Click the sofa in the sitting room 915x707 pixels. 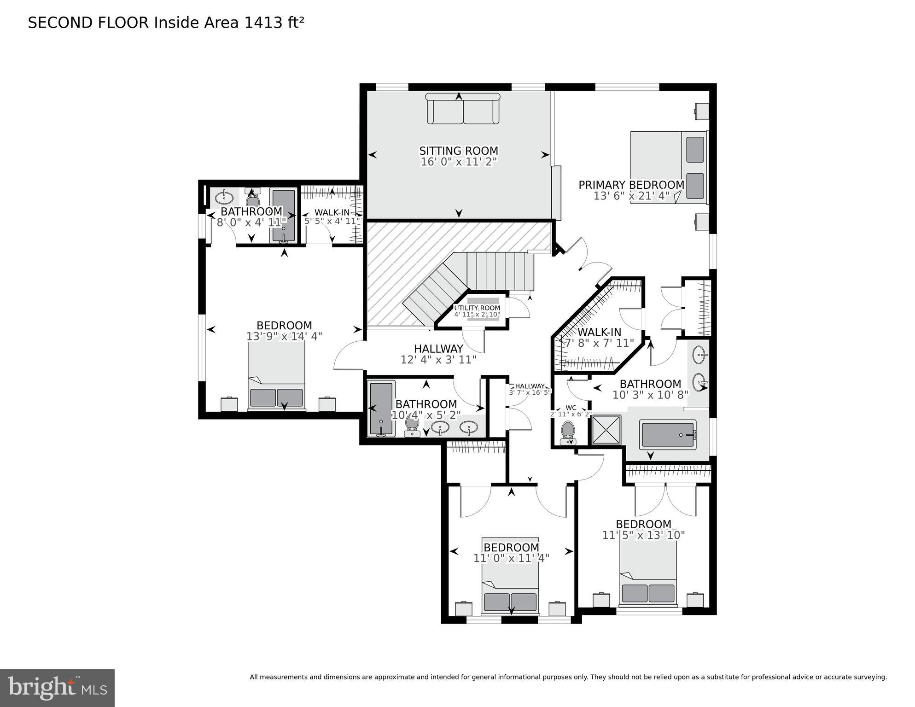coord(462,109)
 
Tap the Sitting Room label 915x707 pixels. coord(458,151)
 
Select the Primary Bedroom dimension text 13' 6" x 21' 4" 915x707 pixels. coord(631,196)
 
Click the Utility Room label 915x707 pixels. coord(477,308)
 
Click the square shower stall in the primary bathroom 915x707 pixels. coord(606,430)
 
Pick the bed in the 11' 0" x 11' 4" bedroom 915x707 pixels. coord(510,576)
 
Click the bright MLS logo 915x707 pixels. coord(57,688)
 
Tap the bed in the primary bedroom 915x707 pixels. coord(668,168)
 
